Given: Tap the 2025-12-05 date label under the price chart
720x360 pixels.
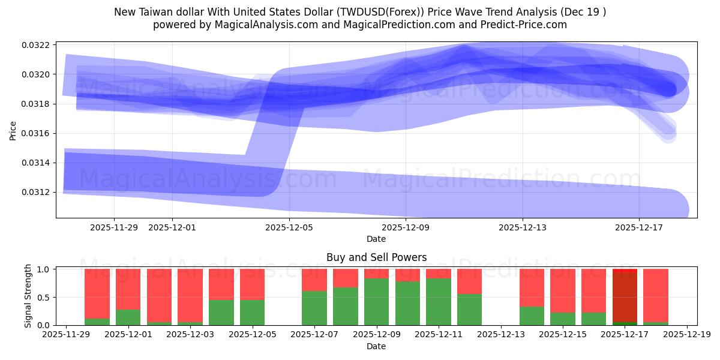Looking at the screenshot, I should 289,227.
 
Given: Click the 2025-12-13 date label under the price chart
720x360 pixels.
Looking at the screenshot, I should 523,227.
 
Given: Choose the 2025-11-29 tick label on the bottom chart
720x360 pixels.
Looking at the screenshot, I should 66,335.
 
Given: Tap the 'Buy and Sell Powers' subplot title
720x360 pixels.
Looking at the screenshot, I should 376,257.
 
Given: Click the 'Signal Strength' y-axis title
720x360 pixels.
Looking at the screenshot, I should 28,296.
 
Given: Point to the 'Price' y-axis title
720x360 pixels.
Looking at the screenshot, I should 13,131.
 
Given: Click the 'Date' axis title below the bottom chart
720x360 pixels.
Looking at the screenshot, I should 376,346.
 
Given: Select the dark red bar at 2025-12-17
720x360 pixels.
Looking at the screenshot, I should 625,297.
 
